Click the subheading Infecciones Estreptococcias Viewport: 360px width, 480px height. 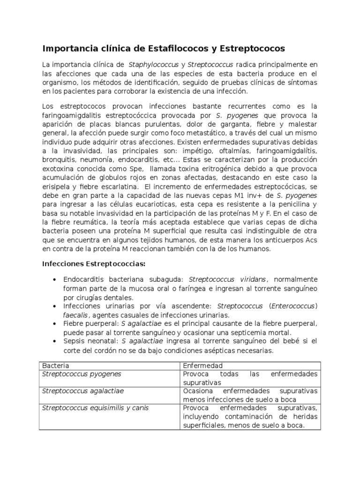94,263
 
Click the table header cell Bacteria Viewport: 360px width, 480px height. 55,365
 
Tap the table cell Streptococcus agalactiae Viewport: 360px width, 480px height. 83,391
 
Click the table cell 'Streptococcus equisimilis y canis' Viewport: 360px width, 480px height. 95,408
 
